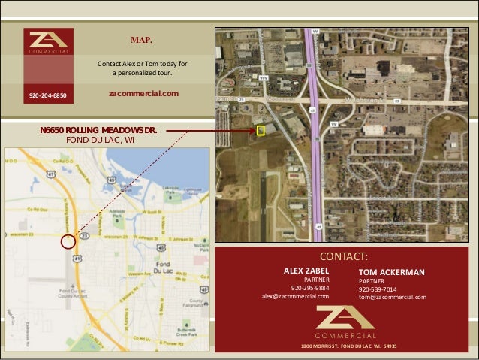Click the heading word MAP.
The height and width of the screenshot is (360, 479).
tap(142, 39)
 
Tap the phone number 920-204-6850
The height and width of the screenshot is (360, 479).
tap(48, 96)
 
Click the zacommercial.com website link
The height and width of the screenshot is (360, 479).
tap(143, 93)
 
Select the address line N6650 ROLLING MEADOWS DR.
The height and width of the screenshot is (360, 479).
tap(98, 130)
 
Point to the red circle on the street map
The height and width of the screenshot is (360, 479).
tap(68, 241)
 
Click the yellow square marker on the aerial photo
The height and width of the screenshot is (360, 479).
tap(261, 131)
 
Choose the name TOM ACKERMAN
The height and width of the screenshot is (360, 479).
tap(392, 271)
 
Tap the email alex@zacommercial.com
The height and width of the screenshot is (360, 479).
tap(295, 296)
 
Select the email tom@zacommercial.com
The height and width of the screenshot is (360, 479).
tap(392, 297)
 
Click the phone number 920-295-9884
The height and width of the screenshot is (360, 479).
tap(310, 288)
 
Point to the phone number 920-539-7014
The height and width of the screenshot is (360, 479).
tap(378, 289)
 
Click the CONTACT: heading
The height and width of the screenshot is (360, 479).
tap(343, 256)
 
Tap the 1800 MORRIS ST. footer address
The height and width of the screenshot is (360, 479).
tap(348, 346)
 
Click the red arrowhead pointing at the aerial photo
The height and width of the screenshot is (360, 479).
tap(252, 131)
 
